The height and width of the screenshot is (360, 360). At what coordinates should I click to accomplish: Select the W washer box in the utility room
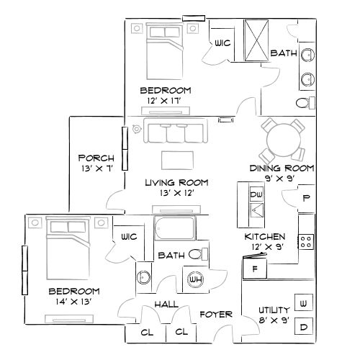(303, 304)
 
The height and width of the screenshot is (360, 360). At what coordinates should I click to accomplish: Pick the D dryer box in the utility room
(303, 328)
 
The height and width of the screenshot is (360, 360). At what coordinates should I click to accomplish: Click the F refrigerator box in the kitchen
(254, 270)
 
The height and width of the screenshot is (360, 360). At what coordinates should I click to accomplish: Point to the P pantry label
(306, 198)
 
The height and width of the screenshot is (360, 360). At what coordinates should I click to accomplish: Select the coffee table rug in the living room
(176, 158)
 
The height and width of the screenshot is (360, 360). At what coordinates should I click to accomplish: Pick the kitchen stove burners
(306, 241)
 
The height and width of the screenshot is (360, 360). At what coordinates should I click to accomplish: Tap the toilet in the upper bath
(307, 100)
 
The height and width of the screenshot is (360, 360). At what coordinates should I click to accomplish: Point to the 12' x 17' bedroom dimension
(165, 102)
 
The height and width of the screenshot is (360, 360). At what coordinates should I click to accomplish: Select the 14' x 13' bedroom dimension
(73, 302)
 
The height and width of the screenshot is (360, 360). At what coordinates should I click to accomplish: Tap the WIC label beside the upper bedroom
(222, 43)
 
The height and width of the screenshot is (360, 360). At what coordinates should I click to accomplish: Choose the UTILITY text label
(274, 310)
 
